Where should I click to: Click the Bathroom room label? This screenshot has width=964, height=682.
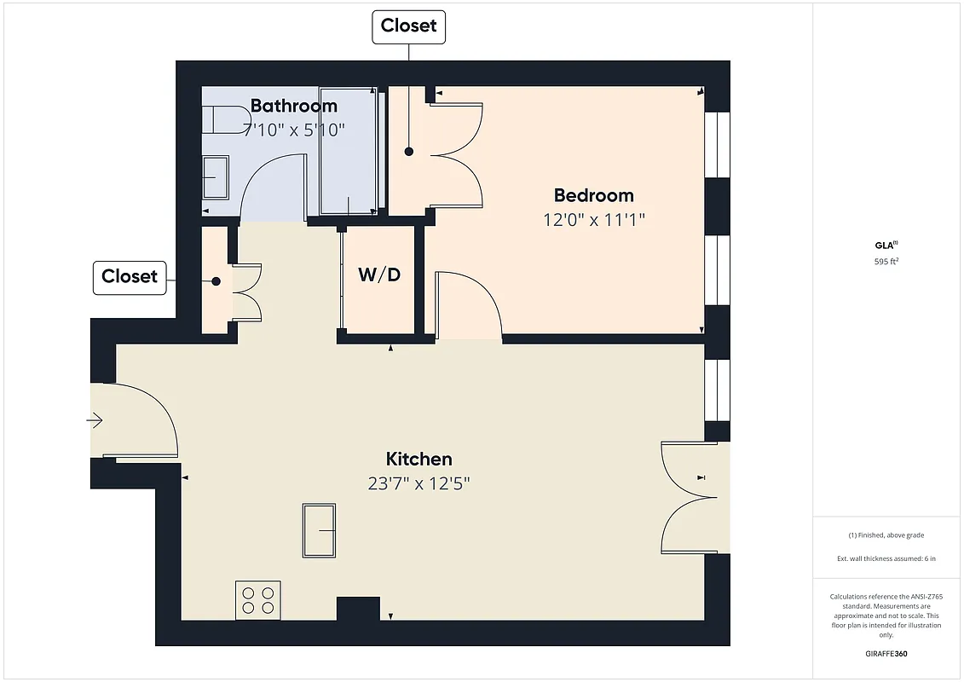tap(293, 107)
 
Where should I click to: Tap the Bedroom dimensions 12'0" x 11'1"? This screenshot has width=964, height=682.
tap(594, 219)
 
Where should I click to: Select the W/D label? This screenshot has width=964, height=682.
tap(378, 275)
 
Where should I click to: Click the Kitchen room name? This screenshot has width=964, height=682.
tap(419, 459)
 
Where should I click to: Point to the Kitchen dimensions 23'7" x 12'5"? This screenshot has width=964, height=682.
tap(419, 483)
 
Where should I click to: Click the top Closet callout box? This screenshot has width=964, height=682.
tap(409, 26)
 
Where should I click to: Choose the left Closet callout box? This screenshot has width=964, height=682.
tap(130, 276)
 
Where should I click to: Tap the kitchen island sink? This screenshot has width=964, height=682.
tap(320, 530)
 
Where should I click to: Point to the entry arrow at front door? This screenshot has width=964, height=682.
tap(95, 420)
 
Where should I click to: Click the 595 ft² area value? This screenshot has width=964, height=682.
tap(886, 262)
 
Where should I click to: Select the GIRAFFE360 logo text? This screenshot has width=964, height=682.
tap(886, 652)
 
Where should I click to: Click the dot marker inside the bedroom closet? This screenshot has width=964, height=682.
tap(409, 152)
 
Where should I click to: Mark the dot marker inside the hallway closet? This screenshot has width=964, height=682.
tap(216, 280)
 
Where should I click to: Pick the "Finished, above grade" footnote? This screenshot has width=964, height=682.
tap(886, 535)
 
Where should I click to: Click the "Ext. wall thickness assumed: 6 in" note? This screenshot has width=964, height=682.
tap(886, 558)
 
